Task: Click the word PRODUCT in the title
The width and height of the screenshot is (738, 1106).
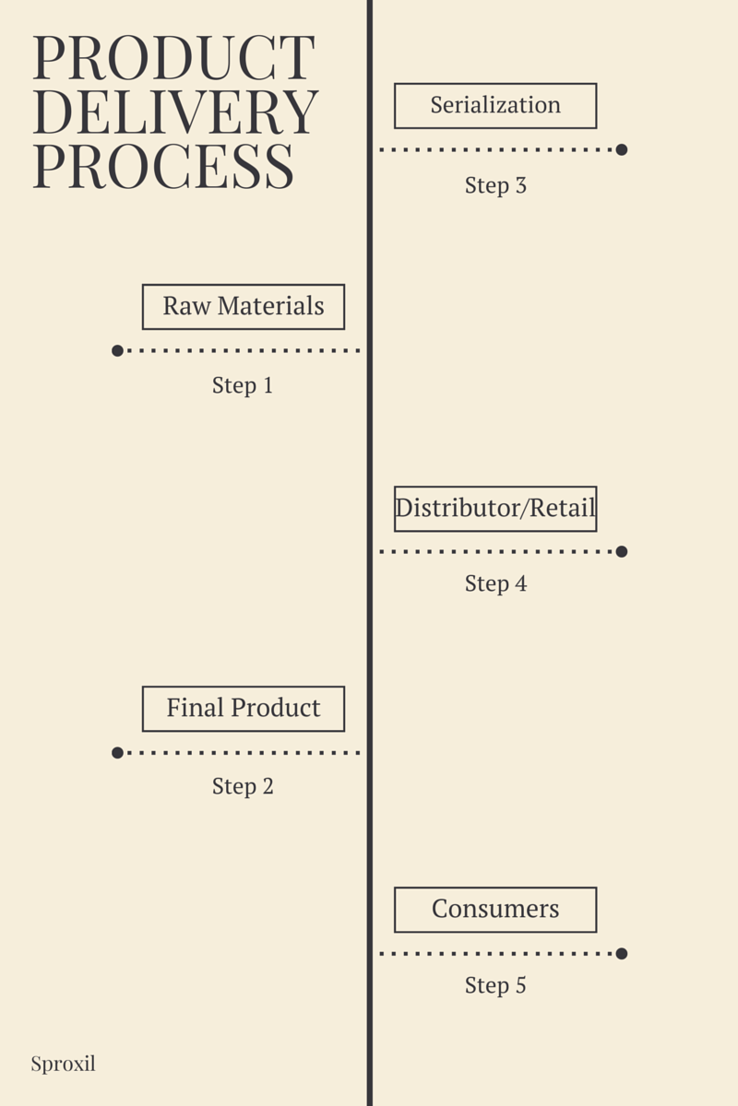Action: point(173,58)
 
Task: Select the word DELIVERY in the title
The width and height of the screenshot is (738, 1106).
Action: point(175,112)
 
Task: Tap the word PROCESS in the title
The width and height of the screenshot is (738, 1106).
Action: point(163,166)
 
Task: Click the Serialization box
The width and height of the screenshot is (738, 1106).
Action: point(495,106)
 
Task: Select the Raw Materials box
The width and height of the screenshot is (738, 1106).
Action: point(244,307)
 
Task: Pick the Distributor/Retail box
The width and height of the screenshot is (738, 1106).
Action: point(495,509)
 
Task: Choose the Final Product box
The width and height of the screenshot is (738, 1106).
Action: point(244,709)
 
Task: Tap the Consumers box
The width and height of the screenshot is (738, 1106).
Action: point(495,910)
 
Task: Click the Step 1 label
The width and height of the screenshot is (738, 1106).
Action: point(243,385)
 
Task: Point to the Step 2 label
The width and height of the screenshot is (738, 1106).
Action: point(243,786)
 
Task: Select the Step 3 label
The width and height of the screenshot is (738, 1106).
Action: point(495,185)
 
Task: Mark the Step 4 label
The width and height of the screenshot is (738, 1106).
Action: point(495,583)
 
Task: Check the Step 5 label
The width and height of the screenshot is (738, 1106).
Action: point(495,985)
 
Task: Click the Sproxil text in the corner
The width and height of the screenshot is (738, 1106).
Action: point(63,1064)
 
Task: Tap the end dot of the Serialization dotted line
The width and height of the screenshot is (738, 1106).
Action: point(622,149)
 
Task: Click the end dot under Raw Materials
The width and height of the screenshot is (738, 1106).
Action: point(117,350)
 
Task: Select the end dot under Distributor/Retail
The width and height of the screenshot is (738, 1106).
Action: point(622,551)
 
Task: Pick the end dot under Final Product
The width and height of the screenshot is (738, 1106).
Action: point(117,752)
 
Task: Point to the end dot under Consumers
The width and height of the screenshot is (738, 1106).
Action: point(622,953)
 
